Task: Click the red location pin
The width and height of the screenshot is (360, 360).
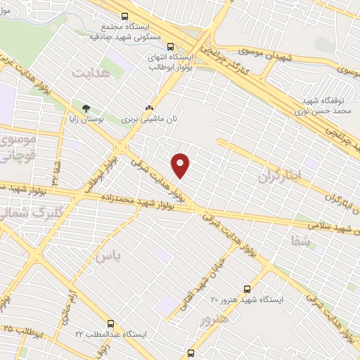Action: tap(181, 165)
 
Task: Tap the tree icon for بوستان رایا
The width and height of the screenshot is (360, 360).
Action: tap(86, 108)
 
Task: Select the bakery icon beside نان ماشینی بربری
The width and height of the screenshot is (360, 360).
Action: tap(148, 108)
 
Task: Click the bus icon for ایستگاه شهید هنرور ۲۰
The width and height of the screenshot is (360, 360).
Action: tap(247, 288)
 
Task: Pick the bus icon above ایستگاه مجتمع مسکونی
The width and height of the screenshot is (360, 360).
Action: tap(125, 16)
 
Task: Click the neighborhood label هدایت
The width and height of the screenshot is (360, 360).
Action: tap(91, 72)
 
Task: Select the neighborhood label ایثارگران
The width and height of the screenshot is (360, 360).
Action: tap(280, 174)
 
